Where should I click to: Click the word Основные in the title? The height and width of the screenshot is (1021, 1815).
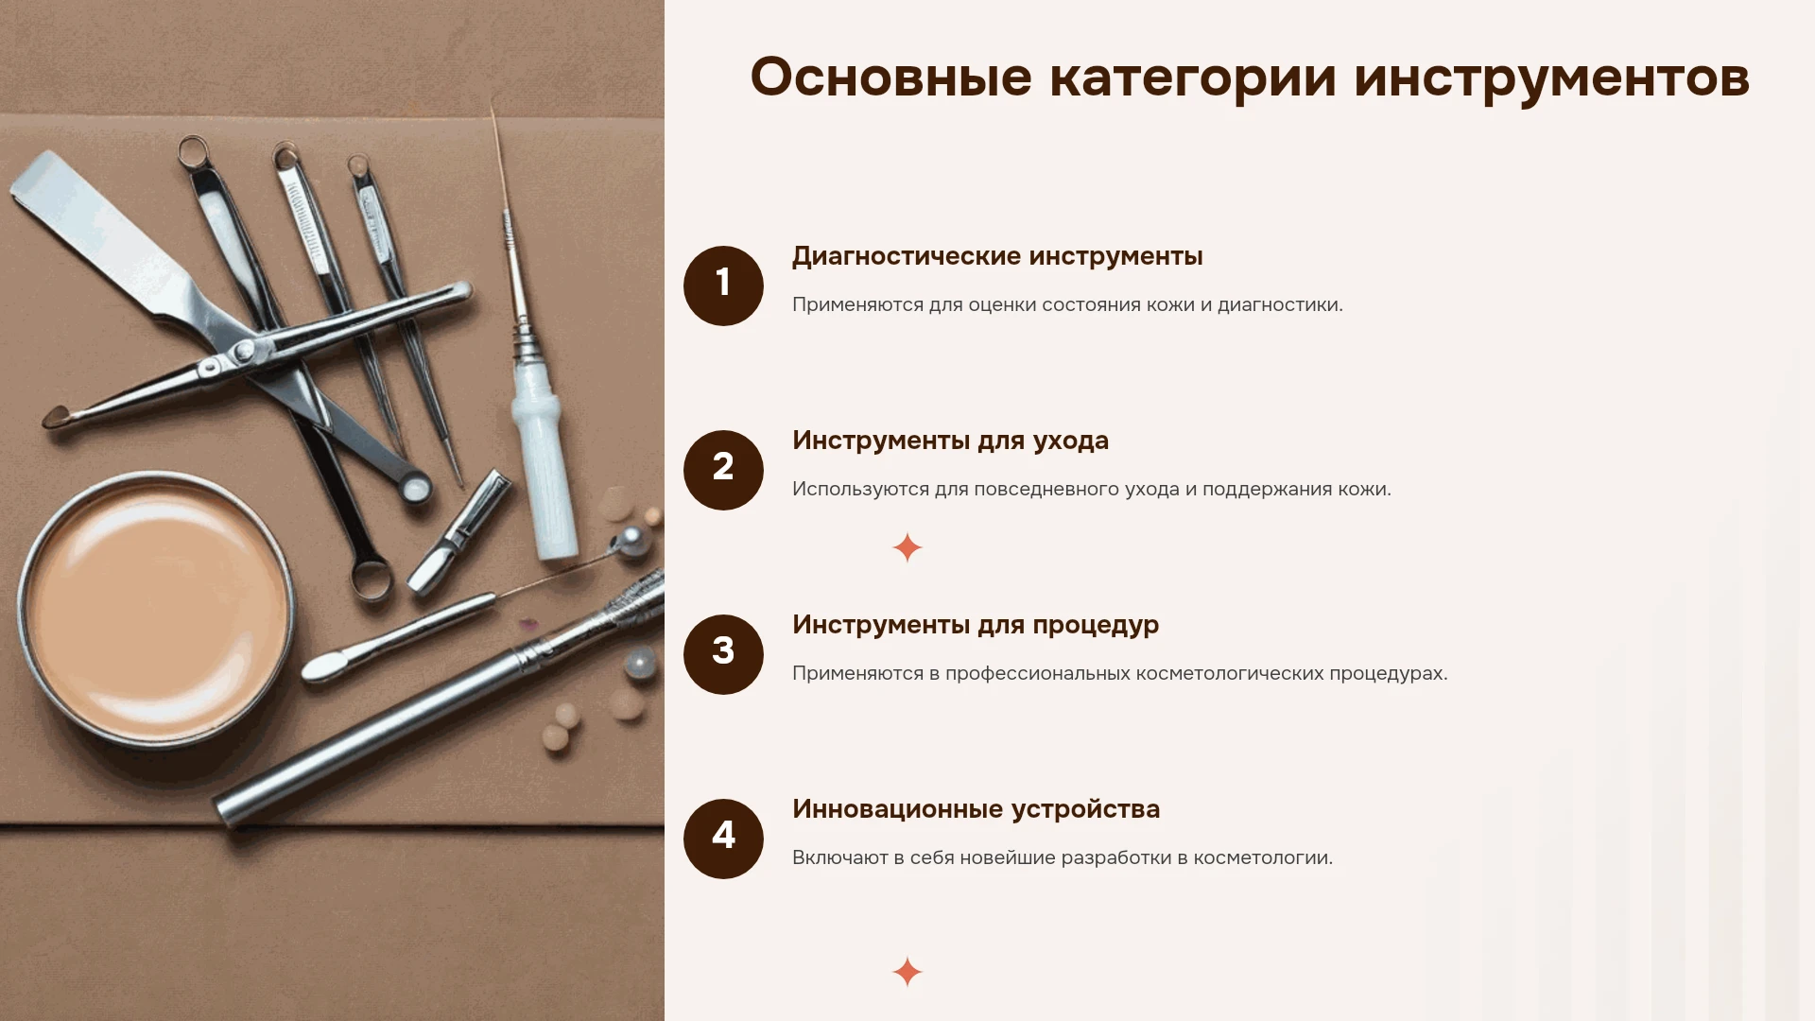pos(890,77)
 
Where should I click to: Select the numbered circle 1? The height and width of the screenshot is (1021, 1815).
pos(723,286)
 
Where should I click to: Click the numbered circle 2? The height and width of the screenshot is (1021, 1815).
pos(723,470)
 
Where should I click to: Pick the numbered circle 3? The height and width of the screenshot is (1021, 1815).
pos(723,654)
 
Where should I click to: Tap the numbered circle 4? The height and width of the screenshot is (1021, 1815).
pos(723,839)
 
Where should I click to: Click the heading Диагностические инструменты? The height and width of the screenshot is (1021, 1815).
pos(997,256)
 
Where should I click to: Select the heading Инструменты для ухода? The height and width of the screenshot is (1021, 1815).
pos(950,441)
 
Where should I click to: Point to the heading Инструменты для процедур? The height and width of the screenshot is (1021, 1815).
pos(976,625)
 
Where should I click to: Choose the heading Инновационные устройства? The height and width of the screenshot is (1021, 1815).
pos(976,809)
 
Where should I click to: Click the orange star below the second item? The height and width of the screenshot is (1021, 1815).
pos(907,547)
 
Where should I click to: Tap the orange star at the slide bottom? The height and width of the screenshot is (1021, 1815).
pos(907,972)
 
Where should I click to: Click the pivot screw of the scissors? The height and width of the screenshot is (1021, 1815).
pos(244,351)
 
